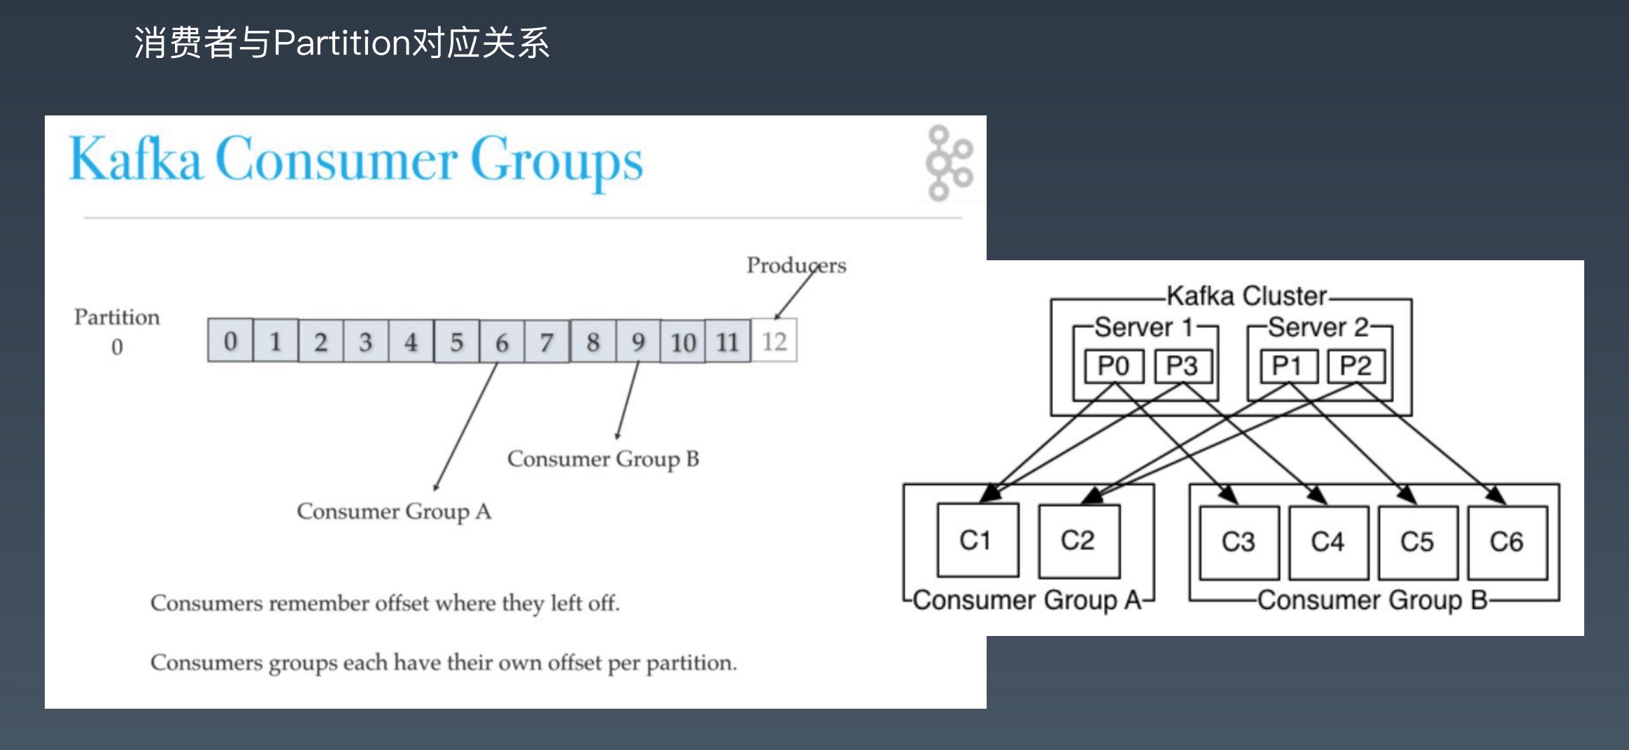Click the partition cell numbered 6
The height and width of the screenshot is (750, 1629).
[x=502, y=341]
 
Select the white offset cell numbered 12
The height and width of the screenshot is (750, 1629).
[x=774, y=341]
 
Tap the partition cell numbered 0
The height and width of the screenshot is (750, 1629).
[x=230, y=341]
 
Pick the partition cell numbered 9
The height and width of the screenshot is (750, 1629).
[x=637, y=341]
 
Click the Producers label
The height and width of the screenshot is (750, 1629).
[x=796, y=265]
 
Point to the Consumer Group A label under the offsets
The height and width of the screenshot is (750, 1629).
[x=394, y=511]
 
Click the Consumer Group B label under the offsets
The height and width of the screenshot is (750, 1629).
[x=603, y=459]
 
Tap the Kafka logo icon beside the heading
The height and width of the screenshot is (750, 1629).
[x=948, y=163]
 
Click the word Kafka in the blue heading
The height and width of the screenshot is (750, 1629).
[x=136, y=160]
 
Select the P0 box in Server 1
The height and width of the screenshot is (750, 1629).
[x=1113, y=366]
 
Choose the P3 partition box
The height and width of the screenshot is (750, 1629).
[x=1182, y=366]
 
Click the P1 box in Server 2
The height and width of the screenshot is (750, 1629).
[x=1287, y=366]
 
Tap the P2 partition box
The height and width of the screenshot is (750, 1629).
[x=1355, y=366]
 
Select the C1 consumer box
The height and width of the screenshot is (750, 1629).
[x=976, y=540]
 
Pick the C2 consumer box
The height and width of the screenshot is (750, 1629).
[x=1078, y=540]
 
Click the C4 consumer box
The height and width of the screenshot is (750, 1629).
[x=1327, y=542]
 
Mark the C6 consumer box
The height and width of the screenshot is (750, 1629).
[x=1507, y=542]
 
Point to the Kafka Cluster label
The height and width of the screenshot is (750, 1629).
[x=1246, y=296]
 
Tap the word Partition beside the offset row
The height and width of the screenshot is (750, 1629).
[x=117, y=317]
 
